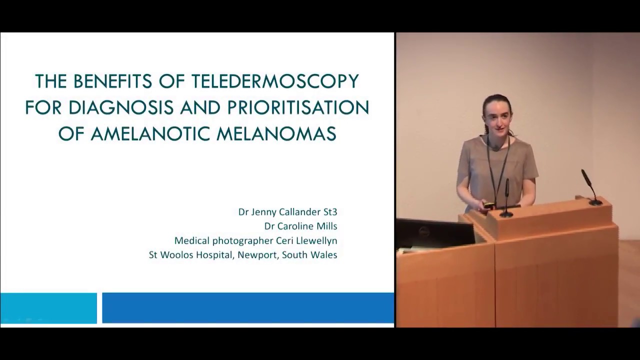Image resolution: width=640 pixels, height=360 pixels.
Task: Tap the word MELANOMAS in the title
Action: (276, 134)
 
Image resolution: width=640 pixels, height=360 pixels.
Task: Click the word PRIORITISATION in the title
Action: (298, 107)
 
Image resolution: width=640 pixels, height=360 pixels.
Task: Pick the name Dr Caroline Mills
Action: (300, 226)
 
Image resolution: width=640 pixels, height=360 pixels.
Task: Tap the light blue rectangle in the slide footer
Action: (48, 308)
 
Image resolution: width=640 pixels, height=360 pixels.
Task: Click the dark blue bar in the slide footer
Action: (248, 308)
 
